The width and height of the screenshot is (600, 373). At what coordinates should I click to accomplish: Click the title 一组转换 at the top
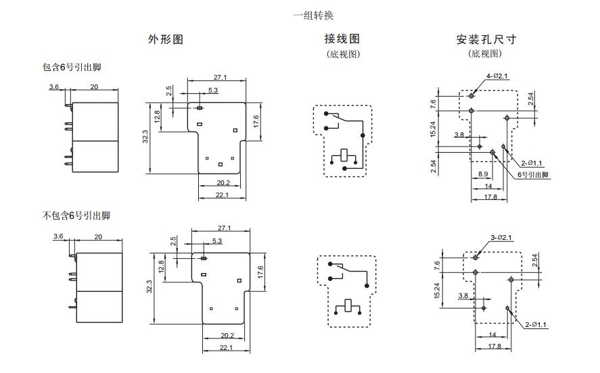coord(313,15)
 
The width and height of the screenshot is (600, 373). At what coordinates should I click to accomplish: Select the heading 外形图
coord(166,40)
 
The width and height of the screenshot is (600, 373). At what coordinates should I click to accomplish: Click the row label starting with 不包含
coord(76,216)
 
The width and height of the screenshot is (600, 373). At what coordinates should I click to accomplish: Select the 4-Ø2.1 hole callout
coord(497,76)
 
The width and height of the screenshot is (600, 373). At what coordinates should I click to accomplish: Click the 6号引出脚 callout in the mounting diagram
coord(534,174)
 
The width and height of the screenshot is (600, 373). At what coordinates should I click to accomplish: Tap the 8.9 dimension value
coord(484,174)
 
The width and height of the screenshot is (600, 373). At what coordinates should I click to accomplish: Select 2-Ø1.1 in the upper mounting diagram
coord(533,163)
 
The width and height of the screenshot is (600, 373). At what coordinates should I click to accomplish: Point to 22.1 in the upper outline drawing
coord(221,195)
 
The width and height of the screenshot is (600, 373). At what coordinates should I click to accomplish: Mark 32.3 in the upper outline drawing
coord(144,137)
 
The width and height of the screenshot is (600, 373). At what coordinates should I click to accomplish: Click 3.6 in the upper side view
coord(54,87)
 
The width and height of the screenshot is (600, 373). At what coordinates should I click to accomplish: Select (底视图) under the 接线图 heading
coord(343,54)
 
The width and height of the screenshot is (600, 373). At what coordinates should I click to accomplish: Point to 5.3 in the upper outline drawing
coord(213,90)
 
